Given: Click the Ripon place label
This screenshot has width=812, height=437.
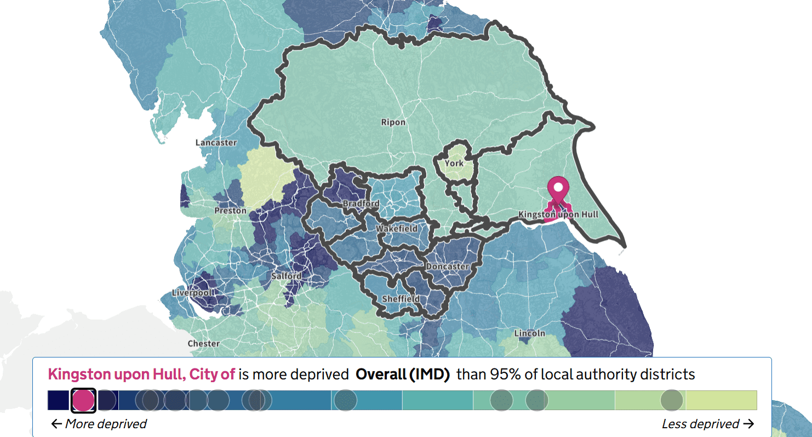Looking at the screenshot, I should click(x=393, y=122).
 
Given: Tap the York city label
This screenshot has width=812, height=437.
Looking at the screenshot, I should click(x=454, y=163).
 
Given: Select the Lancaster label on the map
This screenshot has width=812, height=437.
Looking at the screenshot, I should click(x=216, y=143).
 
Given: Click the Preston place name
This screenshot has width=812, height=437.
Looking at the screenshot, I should click(x=230, y=211).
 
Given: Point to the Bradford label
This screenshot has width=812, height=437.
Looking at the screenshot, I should click(x=361, y=204).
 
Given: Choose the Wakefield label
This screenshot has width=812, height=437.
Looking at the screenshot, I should click(x=396, y=229).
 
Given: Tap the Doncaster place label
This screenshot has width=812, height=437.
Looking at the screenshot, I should click(x=448, y=266).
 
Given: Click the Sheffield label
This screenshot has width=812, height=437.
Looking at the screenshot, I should click(x=401, y=299).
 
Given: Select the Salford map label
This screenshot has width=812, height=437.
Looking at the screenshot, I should click(x=287, y=276).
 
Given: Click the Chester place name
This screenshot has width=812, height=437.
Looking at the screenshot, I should click(x=203, y=344).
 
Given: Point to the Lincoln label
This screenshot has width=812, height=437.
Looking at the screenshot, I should click(x=529, y=333).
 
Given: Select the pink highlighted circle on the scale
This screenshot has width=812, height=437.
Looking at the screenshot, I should click(x=83, y=400).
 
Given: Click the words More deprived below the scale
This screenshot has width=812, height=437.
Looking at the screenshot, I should click(x=99, y=424).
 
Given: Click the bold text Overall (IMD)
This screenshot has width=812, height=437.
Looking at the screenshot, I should click(x=403, y=374).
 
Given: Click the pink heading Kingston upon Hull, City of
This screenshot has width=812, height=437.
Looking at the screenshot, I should click(x=141, y=374).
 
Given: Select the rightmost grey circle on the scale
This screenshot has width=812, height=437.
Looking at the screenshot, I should click(x=672, y=400).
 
